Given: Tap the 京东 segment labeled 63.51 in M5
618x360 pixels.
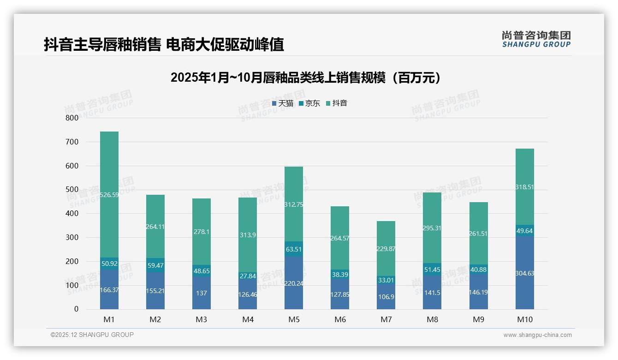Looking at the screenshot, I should coord(294,249).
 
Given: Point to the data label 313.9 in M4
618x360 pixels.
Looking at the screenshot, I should coord(248,235).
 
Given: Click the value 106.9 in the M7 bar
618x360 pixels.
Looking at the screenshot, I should coord(386,297).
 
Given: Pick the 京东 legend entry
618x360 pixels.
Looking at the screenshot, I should coord(309,103).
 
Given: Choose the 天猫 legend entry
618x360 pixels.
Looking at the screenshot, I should coord(283,103).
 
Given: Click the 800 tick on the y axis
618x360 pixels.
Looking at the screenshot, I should coord(72,118).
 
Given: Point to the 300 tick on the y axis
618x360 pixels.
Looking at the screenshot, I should coord(72,237).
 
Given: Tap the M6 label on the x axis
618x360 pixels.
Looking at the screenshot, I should coord(340,319).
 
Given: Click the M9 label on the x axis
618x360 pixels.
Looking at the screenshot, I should coord(478,319).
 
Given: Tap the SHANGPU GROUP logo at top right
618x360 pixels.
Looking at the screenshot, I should coord(536,39).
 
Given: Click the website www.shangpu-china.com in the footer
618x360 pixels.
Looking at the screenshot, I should coord(537,335).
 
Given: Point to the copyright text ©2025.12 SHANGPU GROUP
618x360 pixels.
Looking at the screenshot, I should coord(92,335).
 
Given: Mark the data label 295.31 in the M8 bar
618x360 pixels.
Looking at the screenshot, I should coord(432,228).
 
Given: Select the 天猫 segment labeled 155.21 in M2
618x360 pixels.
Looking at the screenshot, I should coord(155,291).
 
